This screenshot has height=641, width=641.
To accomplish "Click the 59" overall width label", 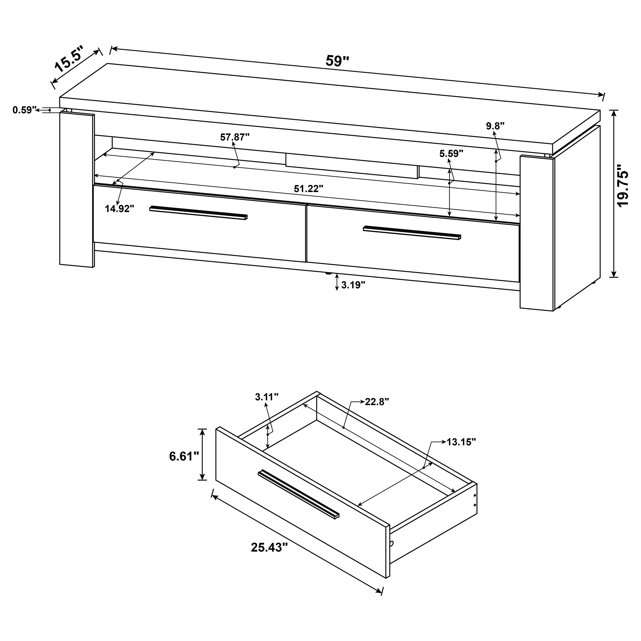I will click(337, 61).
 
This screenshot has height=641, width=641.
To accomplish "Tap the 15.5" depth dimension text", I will click(69, 59).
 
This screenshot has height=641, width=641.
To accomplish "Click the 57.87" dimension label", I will click(235, 137).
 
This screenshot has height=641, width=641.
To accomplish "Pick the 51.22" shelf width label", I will click(308, 189).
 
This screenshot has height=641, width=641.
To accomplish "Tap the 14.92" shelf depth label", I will click(119, 209).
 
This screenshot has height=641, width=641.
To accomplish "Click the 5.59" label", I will click(451, 153).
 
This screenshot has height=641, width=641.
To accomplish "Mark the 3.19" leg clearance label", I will click(353, 285).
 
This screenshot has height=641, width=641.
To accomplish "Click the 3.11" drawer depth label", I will click(266, 397).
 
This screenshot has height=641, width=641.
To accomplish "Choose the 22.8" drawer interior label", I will click(377, 402).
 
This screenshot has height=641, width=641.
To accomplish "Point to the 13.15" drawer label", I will click(461, 442).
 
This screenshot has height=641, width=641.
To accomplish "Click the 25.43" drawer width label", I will click(269, 547).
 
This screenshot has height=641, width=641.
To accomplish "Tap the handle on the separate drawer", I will click(299, 494).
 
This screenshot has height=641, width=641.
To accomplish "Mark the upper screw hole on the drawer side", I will click(475, 496).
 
